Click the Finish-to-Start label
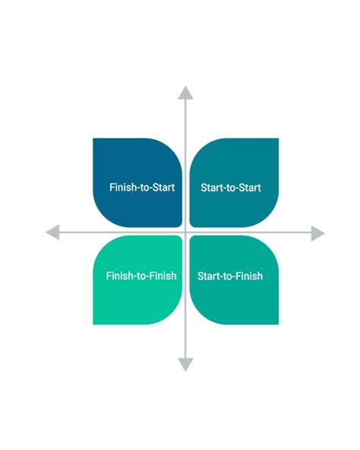point(143,187)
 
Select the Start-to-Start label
point(230,187)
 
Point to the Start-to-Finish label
point(230,276)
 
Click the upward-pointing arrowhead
point(185,93)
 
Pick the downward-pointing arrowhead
point(185,365)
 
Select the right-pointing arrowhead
point(318,232)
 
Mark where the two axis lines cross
point(185,232)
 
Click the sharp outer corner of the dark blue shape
point(94,139)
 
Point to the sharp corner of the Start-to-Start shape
point(277,139)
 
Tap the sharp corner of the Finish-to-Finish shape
point(94,324)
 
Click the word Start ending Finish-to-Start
point(163,187)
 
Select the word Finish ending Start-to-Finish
point(248,276)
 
